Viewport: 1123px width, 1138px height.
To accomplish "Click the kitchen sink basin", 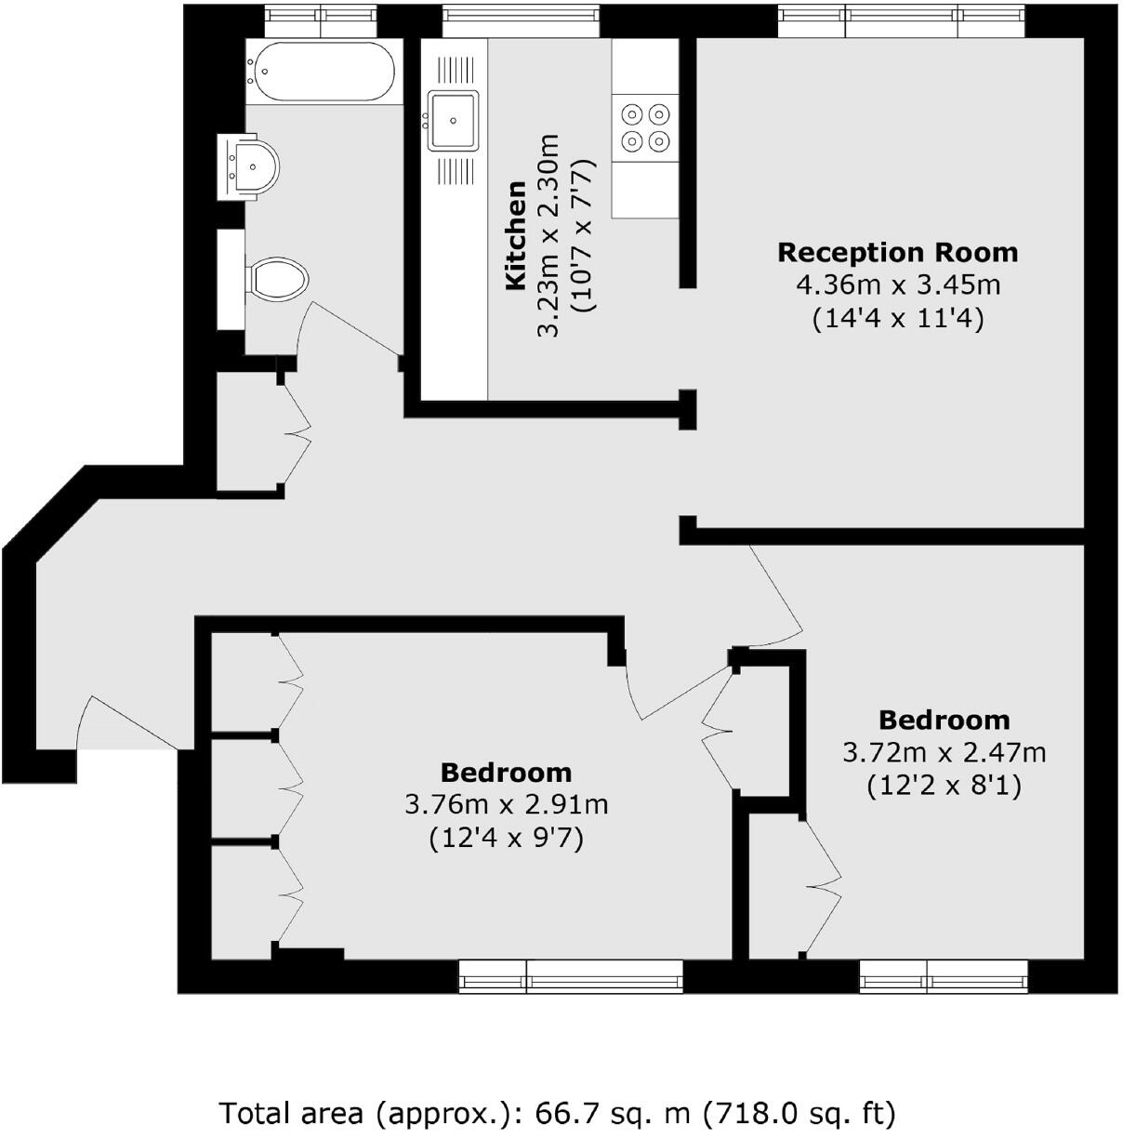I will click(453, 120).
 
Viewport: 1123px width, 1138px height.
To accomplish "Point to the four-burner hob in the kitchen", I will click(645, 127).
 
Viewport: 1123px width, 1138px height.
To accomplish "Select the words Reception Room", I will click(897, 253).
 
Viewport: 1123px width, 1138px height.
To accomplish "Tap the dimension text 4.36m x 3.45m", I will click(897, 285).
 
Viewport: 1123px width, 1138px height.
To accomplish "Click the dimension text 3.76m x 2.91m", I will click(507, 805).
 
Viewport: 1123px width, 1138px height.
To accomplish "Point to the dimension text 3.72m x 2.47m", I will click(944, 752).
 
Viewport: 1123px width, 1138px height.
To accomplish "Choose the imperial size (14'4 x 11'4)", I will click(897, 319).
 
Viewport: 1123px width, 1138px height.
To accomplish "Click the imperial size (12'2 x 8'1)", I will click(944, 787).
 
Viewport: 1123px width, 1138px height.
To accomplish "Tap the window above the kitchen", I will click(520, 19).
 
